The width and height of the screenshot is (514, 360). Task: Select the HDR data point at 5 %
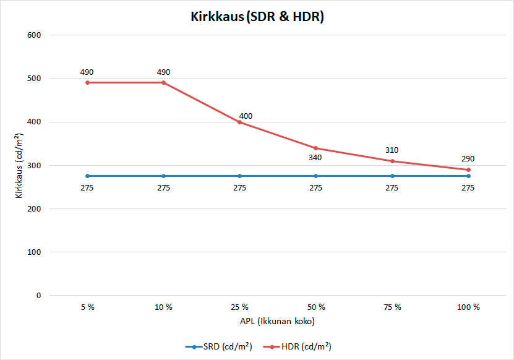click(x=87, y=82)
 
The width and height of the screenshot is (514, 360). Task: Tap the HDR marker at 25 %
click(x=239, y=122)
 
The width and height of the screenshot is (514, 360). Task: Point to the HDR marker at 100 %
click(x=468, y=169)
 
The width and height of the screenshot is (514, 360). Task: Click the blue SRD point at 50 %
click(x=315, y=176)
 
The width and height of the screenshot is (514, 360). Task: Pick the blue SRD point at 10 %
click(x=163, y=176)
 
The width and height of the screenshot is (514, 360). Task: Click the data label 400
click(x=246, y=116)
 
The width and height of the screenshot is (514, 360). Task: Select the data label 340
click(x=315, y=157)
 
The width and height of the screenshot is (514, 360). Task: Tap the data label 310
click(x=392, y=150)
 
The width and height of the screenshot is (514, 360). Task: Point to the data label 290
click(x=468, y=159)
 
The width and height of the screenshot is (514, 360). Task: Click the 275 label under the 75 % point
click(x=392, y=188)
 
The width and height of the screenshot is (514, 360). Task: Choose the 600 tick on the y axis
click(x=34, y=35)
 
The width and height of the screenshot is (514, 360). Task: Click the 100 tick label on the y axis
click(x=34, y=252)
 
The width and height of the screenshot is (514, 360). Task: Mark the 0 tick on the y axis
click(x=38, y=296)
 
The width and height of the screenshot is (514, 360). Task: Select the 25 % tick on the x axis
click(x=239, y=307)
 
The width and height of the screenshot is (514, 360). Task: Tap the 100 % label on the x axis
click(x=468, y=307)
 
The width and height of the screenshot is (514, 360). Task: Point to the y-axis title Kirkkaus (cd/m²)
click(x=20, y=166)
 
